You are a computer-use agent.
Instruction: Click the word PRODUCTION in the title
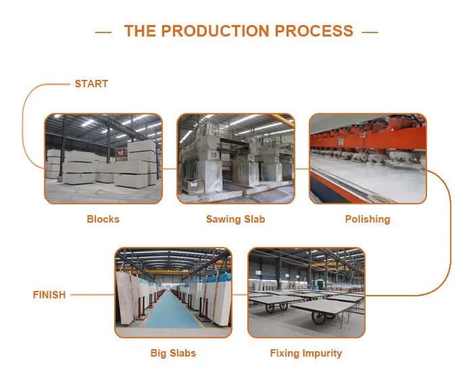[x=224, y=31]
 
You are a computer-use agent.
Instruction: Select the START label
[x=91, y=84]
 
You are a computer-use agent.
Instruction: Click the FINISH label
[x=49, y=295]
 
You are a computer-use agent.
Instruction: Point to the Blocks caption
[x=103, y=219]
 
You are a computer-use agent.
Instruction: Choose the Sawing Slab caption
[x=235, y=219]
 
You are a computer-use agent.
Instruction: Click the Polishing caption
[x=368, y=219]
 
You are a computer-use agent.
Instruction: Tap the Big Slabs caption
[x=173, y=353]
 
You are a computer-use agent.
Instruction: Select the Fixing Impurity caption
[x=306, y=353]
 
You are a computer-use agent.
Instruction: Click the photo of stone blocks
[x=103, y=158]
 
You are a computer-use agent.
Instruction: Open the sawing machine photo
[x=236, y=158]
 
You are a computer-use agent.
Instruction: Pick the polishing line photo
[x=368, y=158]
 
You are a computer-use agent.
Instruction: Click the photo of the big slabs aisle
[x=173, y=292]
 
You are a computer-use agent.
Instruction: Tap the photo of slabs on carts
[x=306, y=292]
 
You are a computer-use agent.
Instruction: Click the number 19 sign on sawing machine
[x=213, y=155]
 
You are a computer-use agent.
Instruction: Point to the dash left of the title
[x=103, y=32]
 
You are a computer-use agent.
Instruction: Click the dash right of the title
[x=370, y=32]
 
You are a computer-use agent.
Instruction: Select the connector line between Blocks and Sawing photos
[x=170, y=168]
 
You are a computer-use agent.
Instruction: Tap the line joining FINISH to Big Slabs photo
[x=91, y=295]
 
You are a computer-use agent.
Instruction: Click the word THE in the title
[x=140, y=31]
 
